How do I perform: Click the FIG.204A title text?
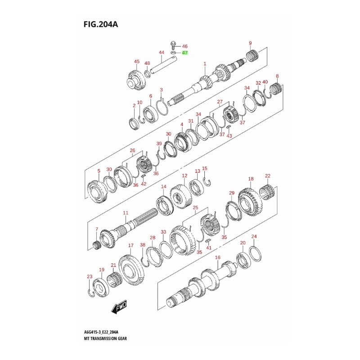pos(100,24)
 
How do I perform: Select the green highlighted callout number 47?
pos(184,53)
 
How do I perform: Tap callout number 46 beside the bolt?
pos(184,46)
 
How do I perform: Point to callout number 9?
pos(250,43)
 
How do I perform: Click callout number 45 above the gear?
pos(137,62)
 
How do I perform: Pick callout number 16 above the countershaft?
pos(218,258)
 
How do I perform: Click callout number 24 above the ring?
pos(254,236)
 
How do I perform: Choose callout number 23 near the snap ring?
pos(90,276)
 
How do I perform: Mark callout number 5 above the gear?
pos(99,171)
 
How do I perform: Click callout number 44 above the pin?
pos(161,53)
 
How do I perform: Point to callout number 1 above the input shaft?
pos(204,64)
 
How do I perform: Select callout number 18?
pos(251,179)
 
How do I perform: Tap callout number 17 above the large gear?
pos(130,245)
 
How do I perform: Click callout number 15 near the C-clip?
pos(205,168)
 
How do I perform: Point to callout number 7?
pos(96,229)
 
